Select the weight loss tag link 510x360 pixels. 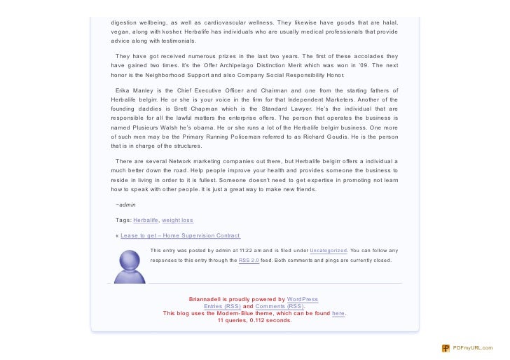coord(177,220)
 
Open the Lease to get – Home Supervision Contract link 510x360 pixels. coord(180,235)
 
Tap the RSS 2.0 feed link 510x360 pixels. coord(249,260)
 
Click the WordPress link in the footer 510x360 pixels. coord(303,299)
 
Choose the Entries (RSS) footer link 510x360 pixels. coord(222,306)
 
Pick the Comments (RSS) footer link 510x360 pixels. coord(280,306)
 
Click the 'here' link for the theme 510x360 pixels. coord(338,313)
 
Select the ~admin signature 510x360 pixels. coord(126,205)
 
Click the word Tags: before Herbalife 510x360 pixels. coord(123,220)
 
